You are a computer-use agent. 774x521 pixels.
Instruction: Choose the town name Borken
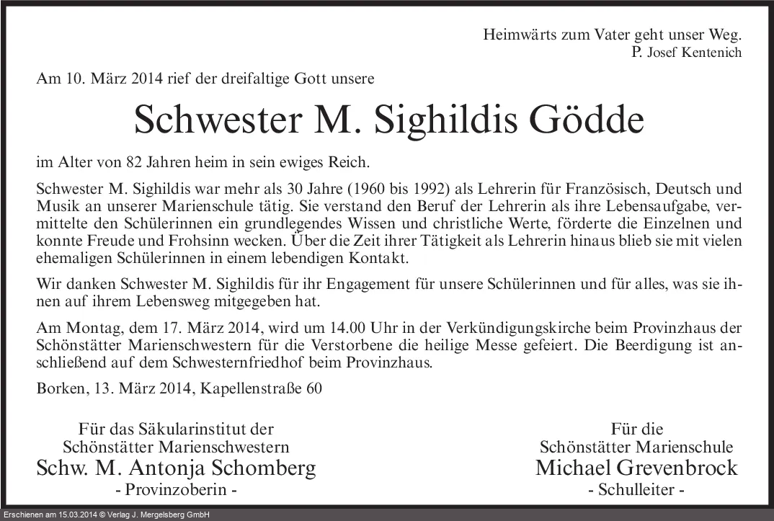coord(62,388)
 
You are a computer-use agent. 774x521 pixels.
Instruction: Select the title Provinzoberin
coord(177,491)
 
